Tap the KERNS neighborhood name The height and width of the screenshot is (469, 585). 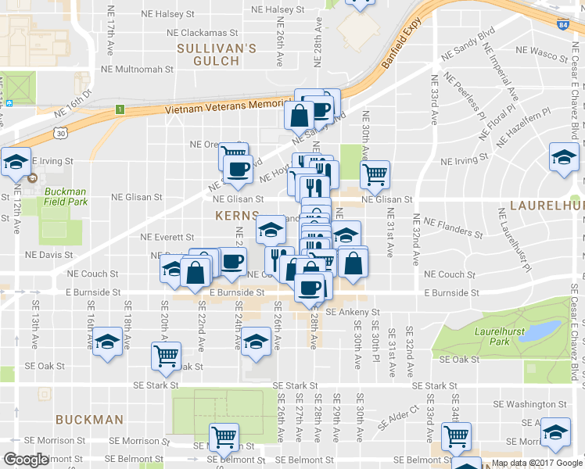238,214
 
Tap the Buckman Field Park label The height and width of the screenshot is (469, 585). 66,196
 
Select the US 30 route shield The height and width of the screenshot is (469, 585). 60,134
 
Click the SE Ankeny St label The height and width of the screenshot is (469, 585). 346,312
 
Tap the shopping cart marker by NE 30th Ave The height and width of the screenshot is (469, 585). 375,174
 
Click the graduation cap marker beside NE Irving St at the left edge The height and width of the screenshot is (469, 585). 16,161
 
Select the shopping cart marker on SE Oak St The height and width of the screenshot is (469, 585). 167,355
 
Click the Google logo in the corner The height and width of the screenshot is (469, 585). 26,460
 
